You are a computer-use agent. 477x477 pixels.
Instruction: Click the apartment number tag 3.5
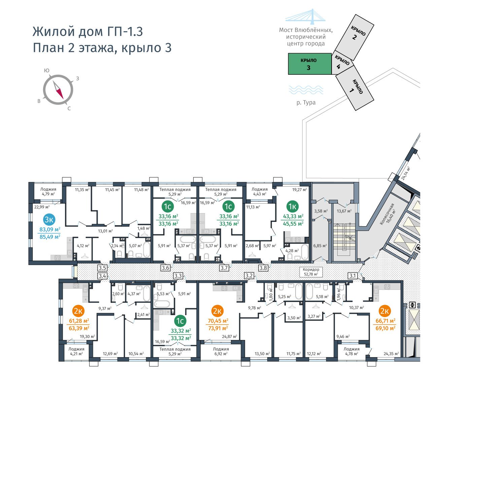[102, 268]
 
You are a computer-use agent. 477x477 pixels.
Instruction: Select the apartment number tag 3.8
[263, 268]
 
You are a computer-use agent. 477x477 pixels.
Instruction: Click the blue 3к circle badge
[49, 219]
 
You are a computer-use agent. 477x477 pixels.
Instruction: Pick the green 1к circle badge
[293, 206]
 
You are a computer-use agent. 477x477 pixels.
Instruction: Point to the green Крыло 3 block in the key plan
[310, 64]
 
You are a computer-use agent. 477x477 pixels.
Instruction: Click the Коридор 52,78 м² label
[311, 272]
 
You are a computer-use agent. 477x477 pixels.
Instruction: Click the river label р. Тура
[306, 102]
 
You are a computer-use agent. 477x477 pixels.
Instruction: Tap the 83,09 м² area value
[50, 229]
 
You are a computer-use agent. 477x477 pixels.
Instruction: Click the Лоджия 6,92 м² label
[221, 351]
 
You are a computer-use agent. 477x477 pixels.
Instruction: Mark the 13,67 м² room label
[344, 211]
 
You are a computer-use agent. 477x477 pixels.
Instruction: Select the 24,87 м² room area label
[230, 336]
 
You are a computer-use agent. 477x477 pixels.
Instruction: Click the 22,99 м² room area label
[42, 207]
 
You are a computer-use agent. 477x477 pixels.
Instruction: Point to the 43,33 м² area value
[293, 216]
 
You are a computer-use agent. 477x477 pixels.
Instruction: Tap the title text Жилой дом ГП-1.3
[88, 32]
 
